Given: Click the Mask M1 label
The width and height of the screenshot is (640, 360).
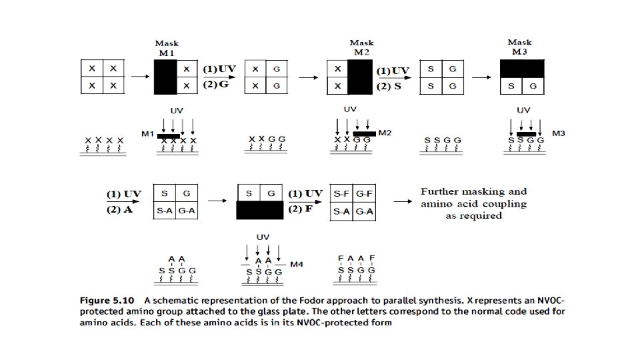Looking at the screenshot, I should click(x=167, y=48).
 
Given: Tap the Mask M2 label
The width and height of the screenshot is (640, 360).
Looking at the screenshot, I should click(x=362, y=47).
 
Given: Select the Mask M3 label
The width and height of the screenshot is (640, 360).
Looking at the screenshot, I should click(x=520, y=47).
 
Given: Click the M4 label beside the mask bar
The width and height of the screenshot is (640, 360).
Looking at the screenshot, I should click(x=297, y=265).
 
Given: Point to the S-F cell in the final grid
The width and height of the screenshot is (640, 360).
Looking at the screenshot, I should click(x=341, y=193).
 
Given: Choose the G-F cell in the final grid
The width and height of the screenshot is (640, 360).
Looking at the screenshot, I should click(x=363, y=193).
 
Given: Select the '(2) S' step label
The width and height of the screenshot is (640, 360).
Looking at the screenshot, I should click(x=393, y=87).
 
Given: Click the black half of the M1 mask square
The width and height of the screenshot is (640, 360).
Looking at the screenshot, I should click(x=165, y=77).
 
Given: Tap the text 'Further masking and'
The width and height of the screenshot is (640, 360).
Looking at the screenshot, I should click(x=473, y=191).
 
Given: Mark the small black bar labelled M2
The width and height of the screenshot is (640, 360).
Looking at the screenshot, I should click(x=364, y=133).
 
